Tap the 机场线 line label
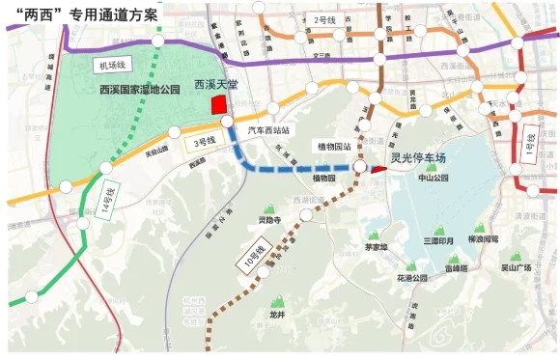(x=111, y=65)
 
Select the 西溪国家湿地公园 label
(x=140, y=90)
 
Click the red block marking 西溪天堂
(x=217, y=104)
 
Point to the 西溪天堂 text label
(x=217, y=85)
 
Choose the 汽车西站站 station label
(x=269, y=128)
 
